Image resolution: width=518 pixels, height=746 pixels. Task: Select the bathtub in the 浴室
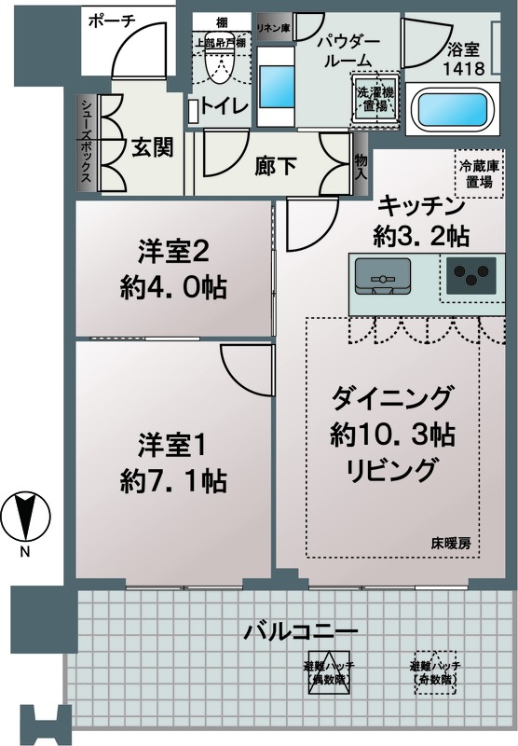pos(448,109)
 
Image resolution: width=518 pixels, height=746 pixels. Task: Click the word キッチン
pos(420,206)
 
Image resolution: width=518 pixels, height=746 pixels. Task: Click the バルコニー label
pos(301,632)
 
